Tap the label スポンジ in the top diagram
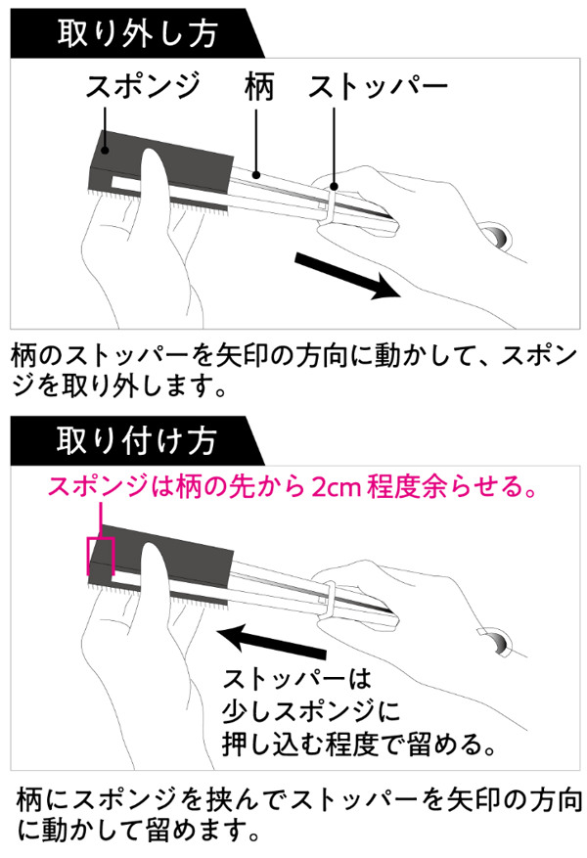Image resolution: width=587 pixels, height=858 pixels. coord(142,87)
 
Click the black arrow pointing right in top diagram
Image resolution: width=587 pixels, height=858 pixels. coord(348,274)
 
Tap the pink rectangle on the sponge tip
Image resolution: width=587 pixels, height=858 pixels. coord(101,555)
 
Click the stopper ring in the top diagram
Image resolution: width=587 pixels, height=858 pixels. coord(333,200)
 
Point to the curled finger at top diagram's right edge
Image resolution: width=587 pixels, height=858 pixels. coord(499,238)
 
